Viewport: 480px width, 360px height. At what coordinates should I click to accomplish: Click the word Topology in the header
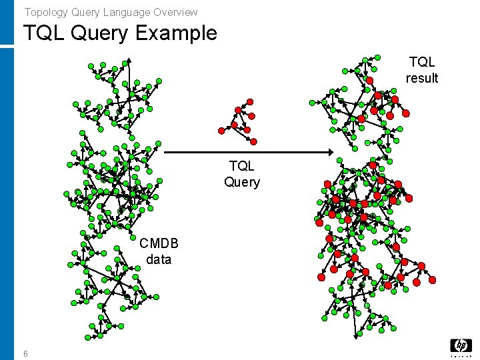pyautogui.click(x=43, y=12)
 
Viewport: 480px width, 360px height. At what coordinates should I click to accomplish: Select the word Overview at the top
pyautogui.click(x=175, y=12)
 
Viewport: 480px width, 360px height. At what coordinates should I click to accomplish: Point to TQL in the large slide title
pyautogui.click(x=45, y=33)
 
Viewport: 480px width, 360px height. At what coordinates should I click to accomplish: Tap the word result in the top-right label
pyautogui.click(x=422, y=78)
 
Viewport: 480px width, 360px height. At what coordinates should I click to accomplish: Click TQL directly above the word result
pyautogui.click(x=422, y=62)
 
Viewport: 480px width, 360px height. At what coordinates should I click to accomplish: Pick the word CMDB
pyautogui.click(x=159, y=244)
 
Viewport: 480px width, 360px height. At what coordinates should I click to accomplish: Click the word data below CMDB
pyautogui.click(x=159, y=259)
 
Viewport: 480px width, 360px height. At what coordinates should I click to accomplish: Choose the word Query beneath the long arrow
pyautogui.click(x=241, y=182)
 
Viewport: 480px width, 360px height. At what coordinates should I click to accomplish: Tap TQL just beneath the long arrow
pyautogui.click(x=241, y=166)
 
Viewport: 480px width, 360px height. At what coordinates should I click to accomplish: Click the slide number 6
pyautogui.click(x=25, y=353)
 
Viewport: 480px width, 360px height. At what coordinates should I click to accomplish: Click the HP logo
pyautogui.click(x=461, y=347)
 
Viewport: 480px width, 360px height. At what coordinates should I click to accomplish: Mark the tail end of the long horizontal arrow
pyautogui.click(x=165, y=153)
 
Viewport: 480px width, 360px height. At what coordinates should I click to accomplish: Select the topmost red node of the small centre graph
pyautogui.click(x=250, y=101)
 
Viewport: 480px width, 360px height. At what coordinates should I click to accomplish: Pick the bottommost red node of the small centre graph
pyautogui.click(x=254, y=141)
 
